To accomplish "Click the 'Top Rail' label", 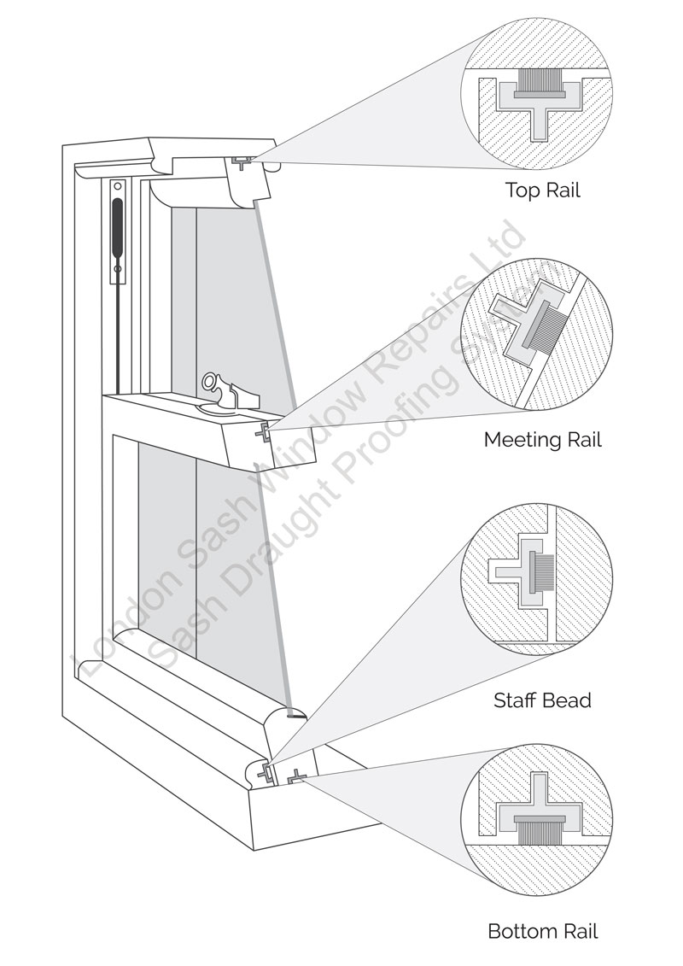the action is (x=543, y=190).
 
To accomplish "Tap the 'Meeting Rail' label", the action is (x=543, y=439).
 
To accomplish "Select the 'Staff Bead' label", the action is (x=542, y=700).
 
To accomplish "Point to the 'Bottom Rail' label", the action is (x=543, y=930).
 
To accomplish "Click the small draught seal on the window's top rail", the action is (x=241, y=161).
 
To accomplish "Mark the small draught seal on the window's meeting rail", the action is (x=264, y=431).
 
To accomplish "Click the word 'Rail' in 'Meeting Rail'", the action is (x=581, y=439).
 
